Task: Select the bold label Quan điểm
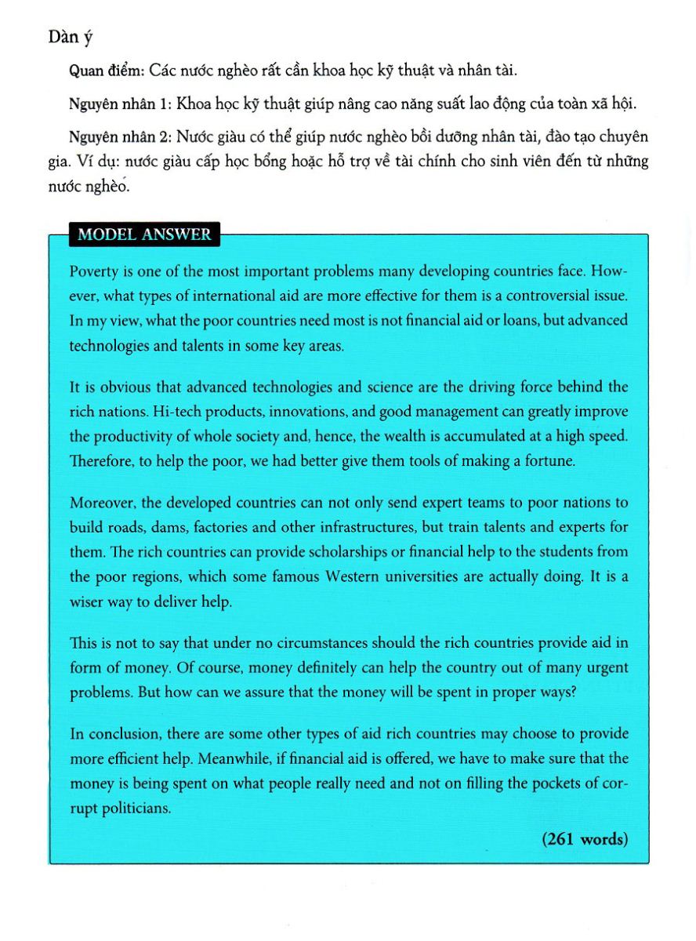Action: (102, 71)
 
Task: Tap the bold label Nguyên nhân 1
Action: (119, 104)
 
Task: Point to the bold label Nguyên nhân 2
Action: (119, 137)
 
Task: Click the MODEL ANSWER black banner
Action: (143, 234)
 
